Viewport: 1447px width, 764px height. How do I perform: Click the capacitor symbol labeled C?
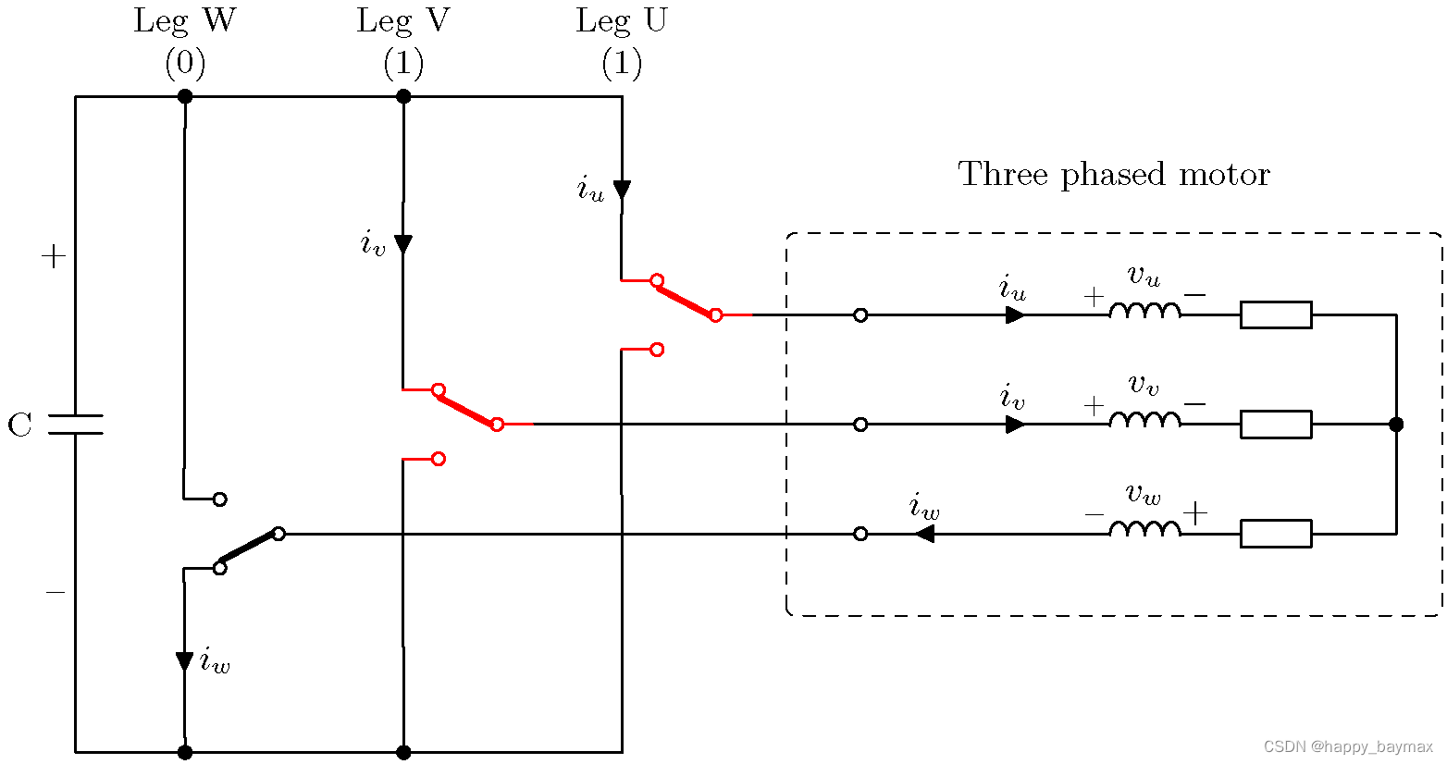pyautogui.click(x=76, y=425)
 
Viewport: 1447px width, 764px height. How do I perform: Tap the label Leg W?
pyautogui.click(x=185, y=21)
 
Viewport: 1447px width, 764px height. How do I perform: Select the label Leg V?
pyautogui.click(x=403, y=21)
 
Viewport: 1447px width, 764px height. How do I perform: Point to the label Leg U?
pyautogui.click(x=622, y=21)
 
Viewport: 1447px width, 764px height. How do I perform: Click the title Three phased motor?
pyautogui.click(x=1114, y=174)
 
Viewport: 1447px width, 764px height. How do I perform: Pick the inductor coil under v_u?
pyautogui.click(x=1144, y=311)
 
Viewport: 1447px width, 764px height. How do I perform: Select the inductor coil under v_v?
pyautogui.click(x=1144, y=420)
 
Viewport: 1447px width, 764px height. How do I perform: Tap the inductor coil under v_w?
pyautogui.click(x=1144, y=529)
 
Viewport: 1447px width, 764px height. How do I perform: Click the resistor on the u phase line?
pyautogui.click(x=1276, y=315)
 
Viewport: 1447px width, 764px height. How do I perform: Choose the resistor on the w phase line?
pyautogui.click(x=1276, y=534)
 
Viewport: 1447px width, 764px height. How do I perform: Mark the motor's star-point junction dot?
pyautogui.click(x=1396, y=425)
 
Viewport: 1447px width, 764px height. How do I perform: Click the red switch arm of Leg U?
pyautogui.click(x=686, y=298)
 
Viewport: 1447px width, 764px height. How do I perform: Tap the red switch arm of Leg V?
pyautogui.click(x=467, y=407)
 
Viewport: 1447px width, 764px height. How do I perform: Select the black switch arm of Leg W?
pyautogui.click(x=249, y=550)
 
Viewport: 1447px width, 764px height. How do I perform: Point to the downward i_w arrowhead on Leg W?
pyautogui.click(x=185, y=661)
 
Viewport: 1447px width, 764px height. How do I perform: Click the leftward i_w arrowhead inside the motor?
pyautogui.click(x=923, y=534)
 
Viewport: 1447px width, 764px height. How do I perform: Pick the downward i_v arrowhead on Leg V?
pyautogui.click(x=403, y=244)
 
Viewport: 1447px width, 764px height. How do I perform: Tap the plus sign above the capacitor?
pyautogui.click(x=54, y=257)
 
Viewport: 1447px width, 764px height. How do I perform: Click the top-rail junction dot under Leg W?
pyautogui.click(x=185, y=96)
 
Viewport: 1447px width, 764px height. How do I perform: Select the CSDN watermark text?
pyautogui.click(x=1347, y=746)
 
